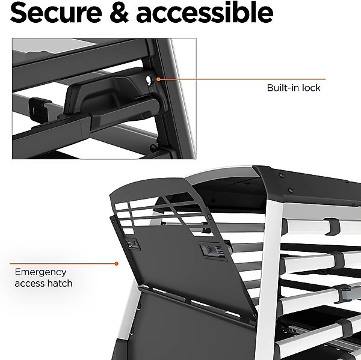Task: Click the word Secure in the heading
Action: tap(56, 12)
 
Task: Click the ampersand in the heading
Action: tap(119, 12)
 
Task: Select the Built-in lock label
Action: tap(294, 88)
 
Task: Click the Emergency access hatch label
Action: tap(43, 278)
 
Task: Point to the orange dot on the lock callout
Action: tap(158, 79)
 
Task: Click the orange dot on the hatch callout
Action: tap(117, 264)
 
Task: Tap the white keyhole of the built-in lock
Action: tap(149, 81)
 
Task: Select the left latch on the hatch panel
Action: tap(132, 244)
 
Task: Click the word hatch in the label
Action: tap(61, 283)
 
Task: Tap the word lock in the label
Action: tap(311, 88)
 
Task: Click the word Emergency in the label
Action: tap(40, 273)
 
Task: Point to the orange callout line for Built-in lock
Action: tap(242, 79)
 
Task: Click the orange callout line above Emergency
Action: tap(63, 264)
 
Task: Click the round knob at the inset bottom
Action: tap(153, 147)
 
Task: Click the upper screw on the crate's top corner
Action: tap(280, 175)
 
